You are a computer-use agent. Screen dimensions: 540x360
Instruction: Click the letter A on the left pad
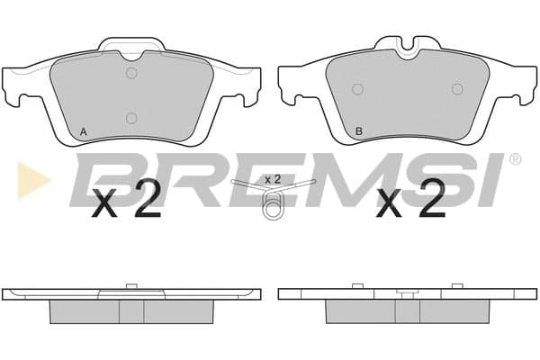(83, 131)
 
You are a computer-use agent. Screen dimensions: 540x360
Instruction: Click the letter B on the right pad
(359, 131)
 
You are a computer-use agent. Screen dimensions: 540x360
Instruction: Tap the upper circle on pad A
(131, 73)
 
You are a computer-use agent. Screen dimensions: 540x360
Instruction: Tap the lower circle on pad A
(131, 118)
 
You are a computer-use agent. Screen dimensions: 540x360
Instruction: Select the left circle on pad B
(358, 89)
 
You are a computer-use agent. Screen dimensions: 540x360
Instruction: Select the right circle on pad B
(457, 89)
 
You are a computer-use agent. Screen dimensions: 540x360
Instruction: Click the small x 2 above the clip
(273, 179)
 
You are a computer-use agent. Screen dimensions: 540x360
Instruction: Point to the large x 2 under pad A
(126, 200)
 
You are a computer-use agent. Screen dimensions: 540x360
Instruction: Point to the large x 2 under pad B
(411, 200)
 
